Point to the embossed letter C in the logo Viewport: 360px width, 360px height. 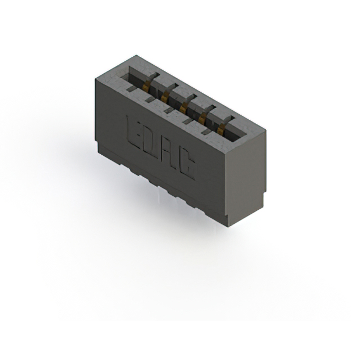tap(188, 165)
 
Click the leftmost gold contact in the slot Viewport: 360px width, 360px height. tap(147, 86)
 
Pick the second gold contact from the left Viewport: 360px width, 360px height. tap(166, 97)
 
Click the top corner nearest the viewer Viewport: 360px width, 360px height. tap(228, 153)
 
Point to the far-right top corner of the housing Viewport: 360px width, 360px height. tap(264, 130)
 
